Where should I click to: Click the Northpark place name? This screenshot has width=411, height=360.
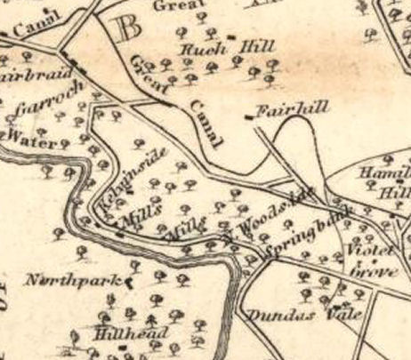pyautogui.click(x=72, y=282)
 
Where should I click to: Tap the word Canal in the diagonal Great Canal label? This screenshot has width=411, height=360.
pyautogui.click(x=205, y=124)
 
